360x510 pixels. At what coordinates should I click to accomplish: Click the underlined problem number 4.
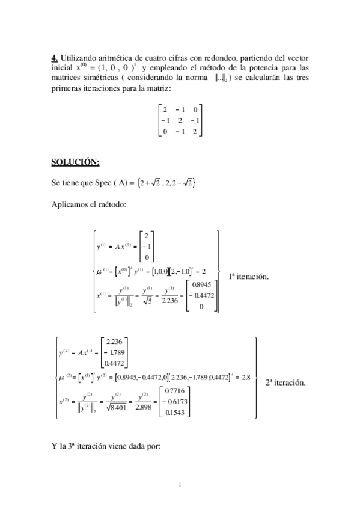coord(54,57)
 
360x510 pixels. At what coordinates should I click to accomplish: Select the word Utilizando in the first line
coord(80,57)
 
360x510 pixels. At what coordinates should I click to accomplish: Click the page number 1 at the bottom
coord(180,483)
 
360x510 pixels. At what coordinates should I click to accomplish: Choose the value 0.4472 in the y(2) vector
coord(112,361)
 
